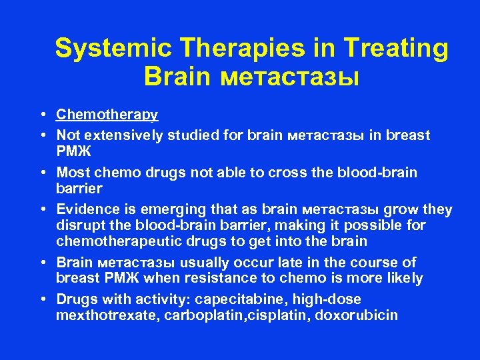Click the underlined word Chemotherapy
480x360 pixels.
click(107, 115)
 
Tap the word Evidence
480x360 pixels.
click(86, 210)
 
